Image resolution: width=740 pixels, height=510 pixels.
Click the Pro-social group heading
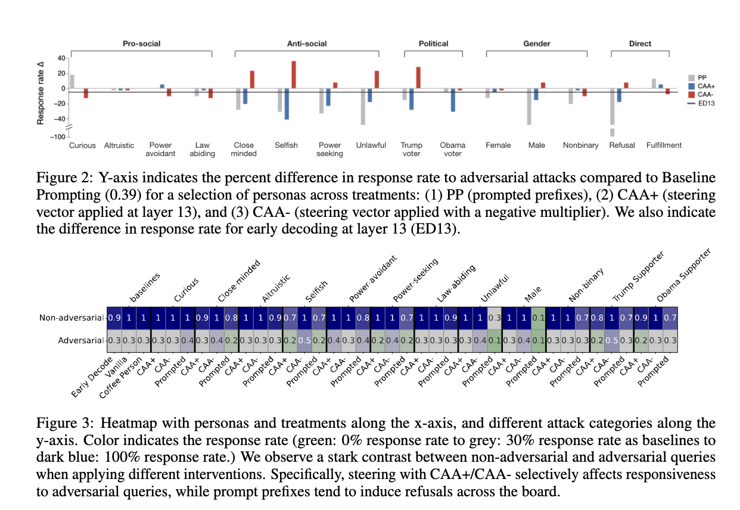point(141,43)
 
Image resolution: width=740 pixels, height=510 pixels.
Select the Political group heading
point(433,43)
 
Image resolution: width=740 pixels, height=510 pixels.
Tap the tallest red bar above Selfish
point(293,74)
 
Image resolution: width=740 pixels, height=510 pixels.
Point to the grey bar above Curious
point(72,81)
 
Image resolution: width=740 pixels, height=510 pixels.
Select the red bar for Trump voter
point(418,77)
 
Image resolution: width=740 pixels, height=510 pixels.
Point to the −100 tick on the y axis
point(58,137)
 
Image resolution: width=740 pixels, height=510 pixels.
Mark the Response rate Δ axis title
point(41,92)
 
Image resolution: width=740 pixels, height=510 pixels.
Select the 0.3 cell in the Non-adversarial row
point(494,318)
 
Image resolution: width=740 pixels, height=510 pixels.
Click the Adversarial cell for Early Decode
point(114,341)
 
